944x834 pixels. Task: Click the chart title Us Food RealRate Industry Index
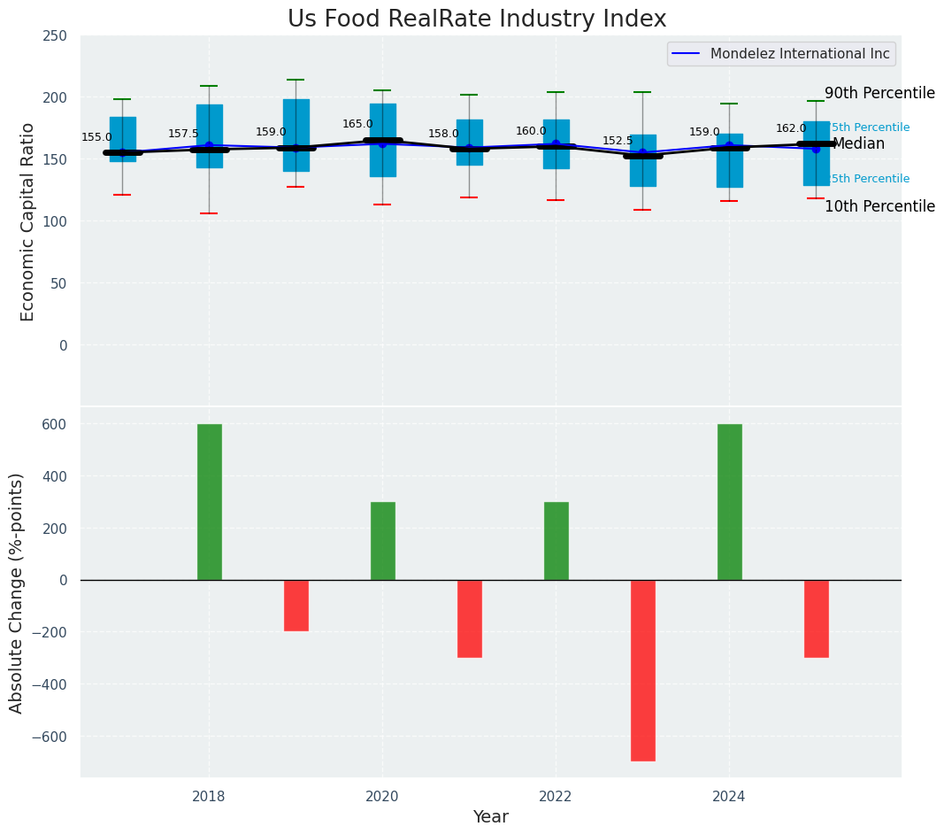click(477, 19)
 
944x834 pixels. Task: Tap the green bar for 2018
click(209, 502)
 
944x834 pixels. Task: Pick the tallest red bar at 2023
click(643, 670)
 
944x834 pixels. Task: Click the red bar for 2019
click(295, 606)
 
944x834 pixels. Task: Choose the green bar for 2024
click(729, 502)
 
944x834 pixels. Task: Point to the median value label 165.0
click(357, 124)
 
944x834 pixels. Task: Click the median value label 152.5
click(618, 141)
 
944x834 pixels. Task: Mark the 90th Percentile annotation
click(879, 93)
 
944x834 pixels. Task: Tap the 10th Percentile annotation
click(879, 206)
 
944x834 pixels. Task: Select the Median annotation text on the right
click(858, 143)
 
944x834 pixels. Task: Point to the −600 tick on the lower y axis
click(50, 737)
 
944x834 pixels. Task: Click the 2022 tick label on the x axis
click(556, 797)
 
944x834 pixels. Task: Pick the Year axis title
click(490, 817)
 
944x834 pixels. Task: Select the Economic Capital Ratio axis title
click(28, 221)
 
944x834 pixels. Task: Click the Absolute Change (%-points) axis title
click(17, 592)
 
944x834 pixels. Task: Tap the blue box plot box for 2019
click(296, 135)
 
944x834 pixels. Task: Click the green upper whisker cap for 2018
click(209, 86)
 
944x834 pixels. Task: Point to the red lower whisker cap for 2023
click(642, 210)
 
